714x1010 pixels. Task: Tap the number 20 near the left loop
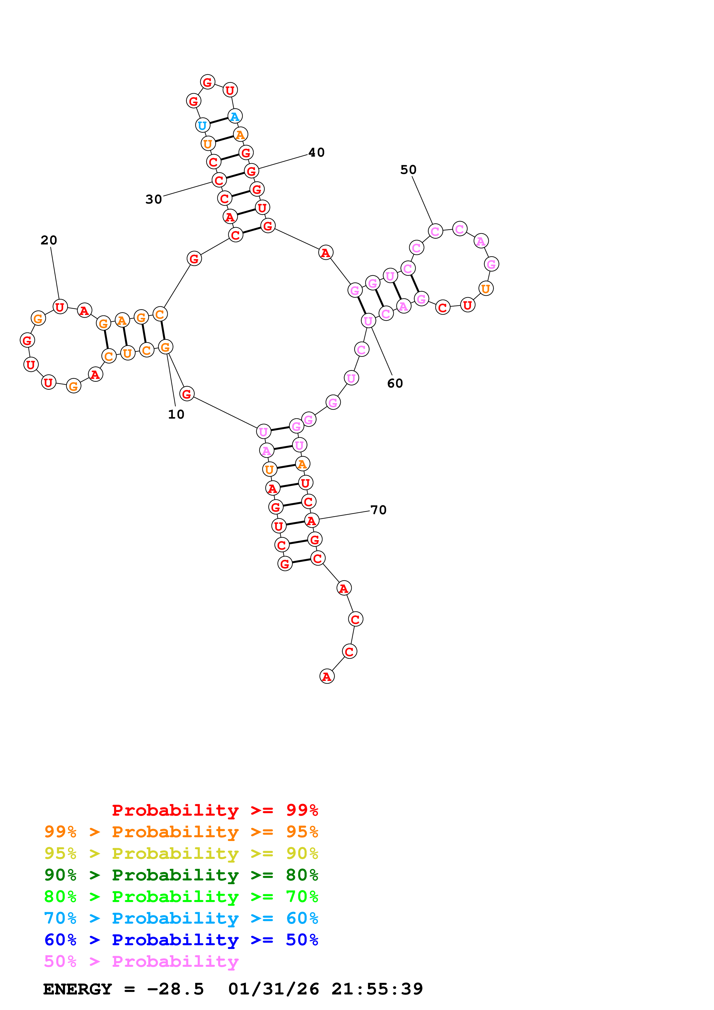point(49,240)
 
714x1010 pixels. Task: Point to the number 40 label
point(316,153)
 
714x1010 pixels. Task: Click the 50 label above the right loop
point(408,170)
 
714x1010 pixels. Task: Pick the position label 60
point(395,384)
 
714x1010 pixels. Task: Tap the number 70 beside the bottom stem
point(378,510)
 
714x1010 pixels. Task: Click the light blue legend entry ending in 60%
point(181,918)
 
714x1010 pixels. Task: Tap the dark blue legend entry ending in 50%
point(181,940)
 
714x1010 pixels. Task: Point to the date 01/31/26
point(273,989)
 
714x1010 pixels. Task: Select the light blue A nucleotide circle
point(235,117)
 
